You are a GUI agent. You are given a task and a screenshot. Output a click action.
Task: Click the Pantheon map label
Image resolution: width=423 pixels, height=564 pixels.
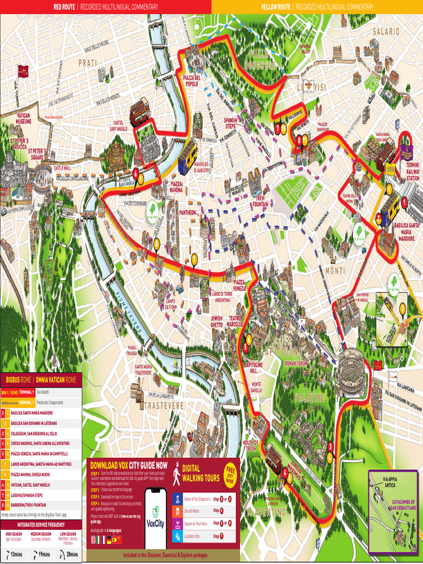click(188, 212)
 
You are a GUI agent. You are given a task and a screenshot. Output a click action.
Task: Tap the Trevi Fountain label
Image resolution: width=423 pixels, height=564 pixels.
click(261, 201)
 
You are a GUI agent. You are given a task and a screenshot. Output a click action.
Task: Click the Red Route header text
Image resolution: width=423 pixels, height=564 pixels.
click(105, 7)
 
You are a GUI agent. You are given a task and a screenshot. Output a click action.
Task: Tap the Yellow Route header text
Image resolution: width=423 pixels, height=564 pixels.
click(317, 7)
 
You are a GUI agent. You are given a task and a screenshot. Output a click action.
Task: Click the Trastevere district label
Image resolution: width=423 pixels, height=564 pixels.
click(164, 405)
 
